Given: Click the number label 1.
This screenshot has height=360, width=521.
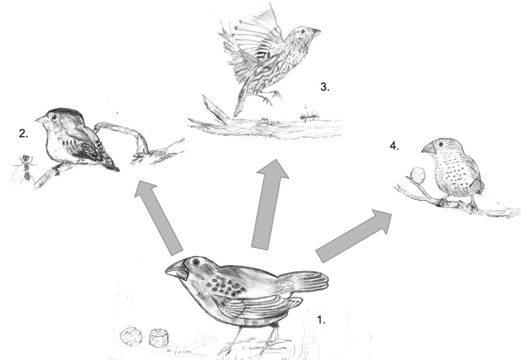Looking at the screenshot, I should point(321,320).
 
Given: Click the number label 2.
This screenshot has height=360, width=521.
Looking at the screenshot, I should point(23,134).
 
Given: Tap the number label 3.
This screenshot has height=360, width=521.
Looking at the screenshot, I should point(324,87).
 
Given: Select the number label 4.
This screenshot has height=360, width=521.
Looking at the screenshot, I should point(394,146).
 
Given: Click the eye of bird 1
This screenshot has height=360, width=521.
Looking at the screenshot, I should point(195,262).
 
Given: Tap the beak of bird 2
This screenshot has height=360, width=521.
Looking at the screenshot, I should point(41,119).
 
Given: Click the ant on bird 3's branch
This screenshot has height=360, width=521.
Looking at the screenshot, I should point(308,115).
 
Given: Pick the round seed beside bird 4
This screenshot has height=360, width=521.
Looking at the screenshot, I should point(417,175).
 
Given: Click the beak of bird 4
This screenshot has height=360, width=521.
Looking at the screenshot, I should point(428,148).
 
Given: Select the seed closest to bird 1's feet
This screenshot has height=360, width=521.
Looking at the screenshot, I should point(158,338).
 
